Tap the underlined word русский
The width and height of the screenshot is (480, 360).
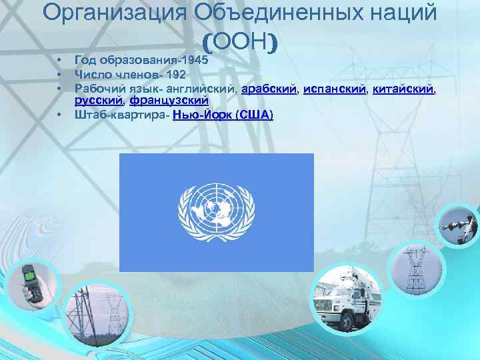98,101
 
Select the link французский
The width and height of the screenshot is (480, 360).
169,101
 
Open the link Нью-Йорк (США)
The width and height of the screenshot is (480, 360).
223,115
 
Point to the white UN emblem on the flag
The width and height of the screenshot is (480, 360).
216,213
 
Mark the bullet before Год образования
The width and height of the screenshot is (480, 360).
59,59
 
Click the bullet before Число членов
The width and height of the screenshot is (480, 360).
59,73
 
